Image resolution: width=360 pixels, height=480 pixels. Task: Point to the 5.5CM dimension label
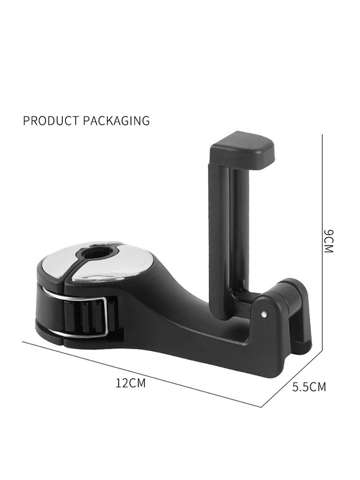pos(309,387)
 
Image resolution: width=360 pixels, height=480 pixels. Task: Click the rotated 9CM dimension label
pos(328,241)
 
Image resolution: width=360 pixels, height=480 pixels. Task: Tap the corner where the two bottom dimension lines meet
pos(261,407)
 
